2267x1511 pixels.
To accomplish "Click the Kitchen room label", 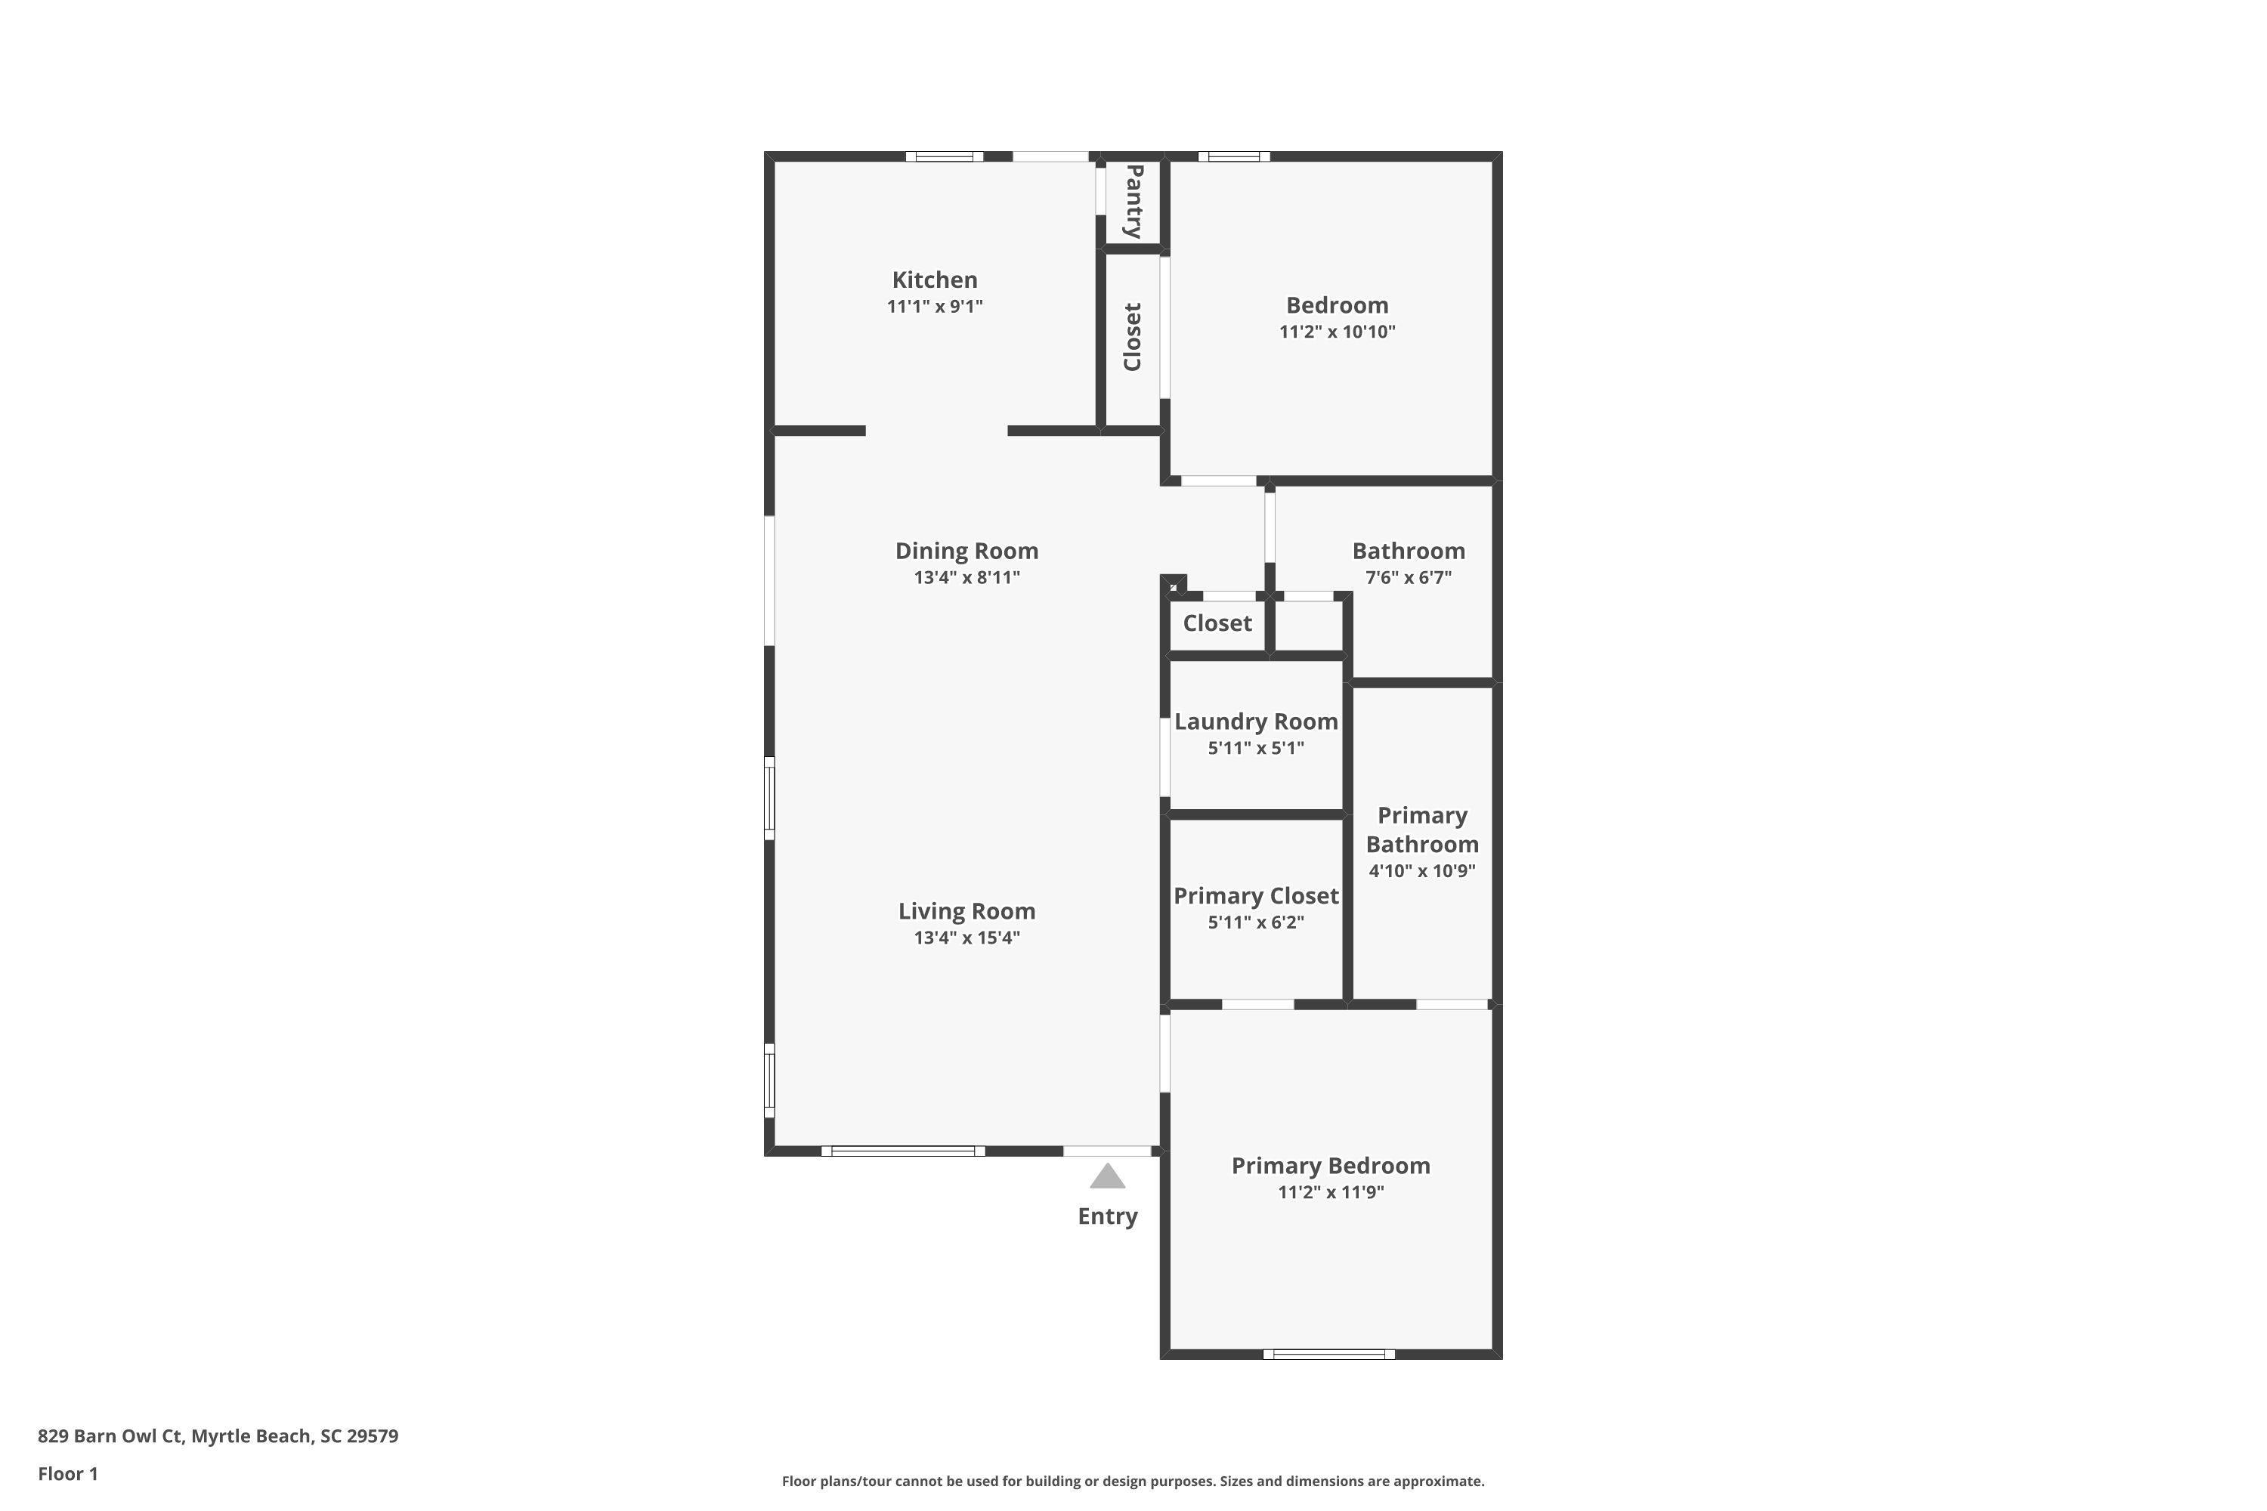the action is pos(934,280).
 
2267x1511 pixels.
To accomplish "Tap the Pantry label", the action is pos(1134,202).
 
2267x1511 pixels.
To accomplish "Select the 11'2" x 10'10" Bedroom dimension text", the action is pos(1337,332).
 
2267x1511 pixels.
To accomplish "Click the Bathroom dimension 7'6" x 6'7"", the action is pos(1409,577).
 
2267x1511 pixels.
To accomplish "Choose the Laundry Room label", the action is pos(1256,722).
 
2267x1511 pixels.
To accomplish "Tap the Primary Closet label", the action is pos(1256,896).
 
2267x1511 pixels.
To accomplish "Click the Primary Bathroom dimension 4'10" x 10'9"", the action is pos(1421,871).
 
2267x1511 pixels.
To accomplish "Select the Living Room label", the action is pos(966,910).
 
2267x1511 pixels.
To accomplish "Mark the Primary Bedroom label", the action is pos(1330,1166).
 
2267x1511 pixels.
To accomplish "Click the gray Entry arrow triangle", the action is pos(1108,1176).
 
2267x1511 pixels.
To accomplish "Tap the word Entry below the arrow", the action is pos(1108,1216).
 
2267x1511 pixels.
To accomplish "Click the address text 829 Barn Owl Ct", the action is pos(110,1436).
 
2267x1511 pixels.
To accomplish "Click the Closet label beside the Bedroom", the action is pos(1133,336).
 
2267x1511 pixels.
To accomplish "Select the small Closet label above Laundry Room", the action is pos(1217,623).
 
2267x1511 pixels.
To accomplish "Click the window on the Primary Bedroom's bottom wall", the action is pos(1329,1354).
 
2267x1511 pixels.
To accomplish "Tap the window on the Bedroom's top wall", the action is pos(1234,156).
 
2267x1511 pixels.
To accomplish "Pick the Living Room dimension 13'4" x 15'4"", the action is pos(966,938).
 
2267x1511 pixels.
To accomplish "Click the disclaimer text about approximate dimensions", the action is pos(1133,1481).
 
